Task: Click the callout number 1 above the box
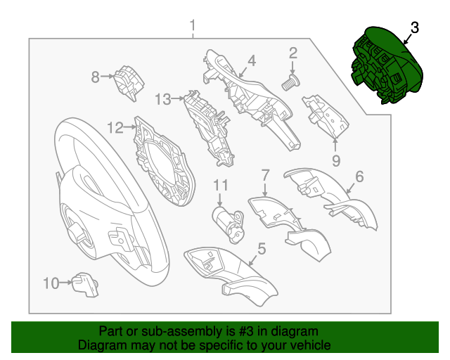click(x=193, y=27)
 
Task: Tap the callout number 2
click(x=292, y=52)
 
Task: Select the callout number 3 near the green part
click(x=414, y=27)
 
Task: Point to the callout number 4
click(x=251, y=60)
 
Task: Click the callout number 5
click(x=261, y=247)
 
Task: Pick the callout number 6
click(x=359, y=177)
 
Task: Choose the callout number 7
click(x=265, y=174)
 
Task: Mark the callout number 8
click(x=96, y=76)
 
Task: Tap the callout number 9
click(x=336, y=161)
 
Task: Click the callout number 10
click(x=51, y=283)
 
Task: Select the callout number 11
click(x=221, y=185)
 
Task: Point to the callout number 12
click(x=115, y=127)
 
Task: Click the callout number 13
click(x=162, y=100)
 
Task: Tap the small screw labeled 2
click(x=289, y=82)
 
